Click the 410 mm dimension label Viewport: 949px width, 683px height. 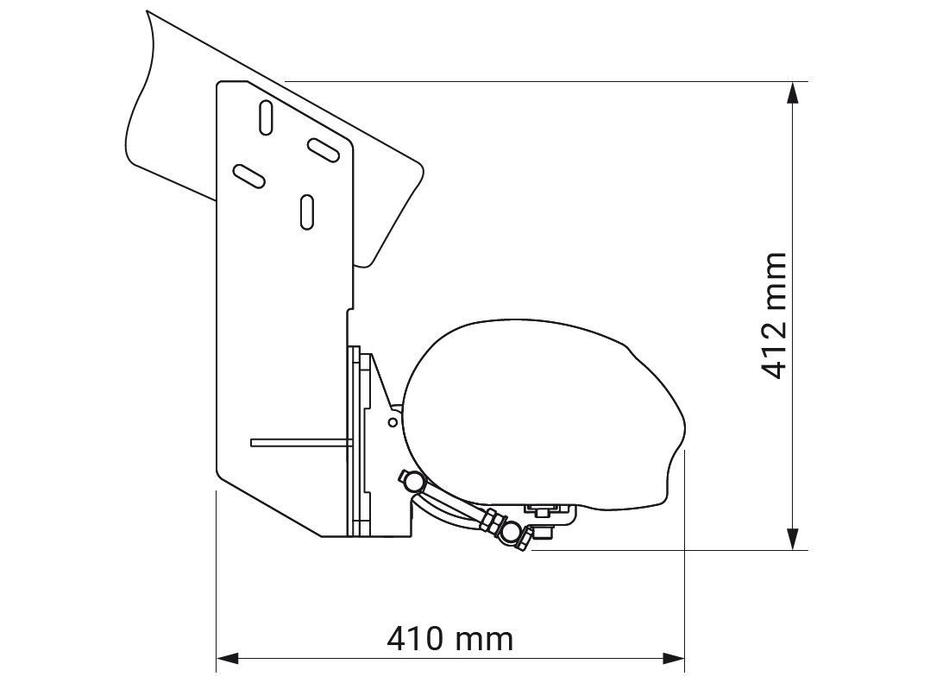click(x=449, y=640)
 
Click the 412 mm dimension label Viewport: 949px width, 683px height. click(x=773, y=316)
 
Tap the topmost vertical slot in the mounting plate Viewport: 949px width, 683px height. click(x=267, y=117)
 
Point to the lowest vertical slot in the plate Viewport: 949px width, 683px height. click(x=306, y=212)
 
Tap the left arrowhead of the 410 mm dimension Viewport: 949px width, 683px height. click(x=225, y=659)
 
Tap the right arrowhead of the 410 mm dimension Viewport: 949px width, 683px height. click(x=675, y=659)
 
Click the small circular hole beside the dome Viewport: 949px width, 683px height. click(x=393, y=422)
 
